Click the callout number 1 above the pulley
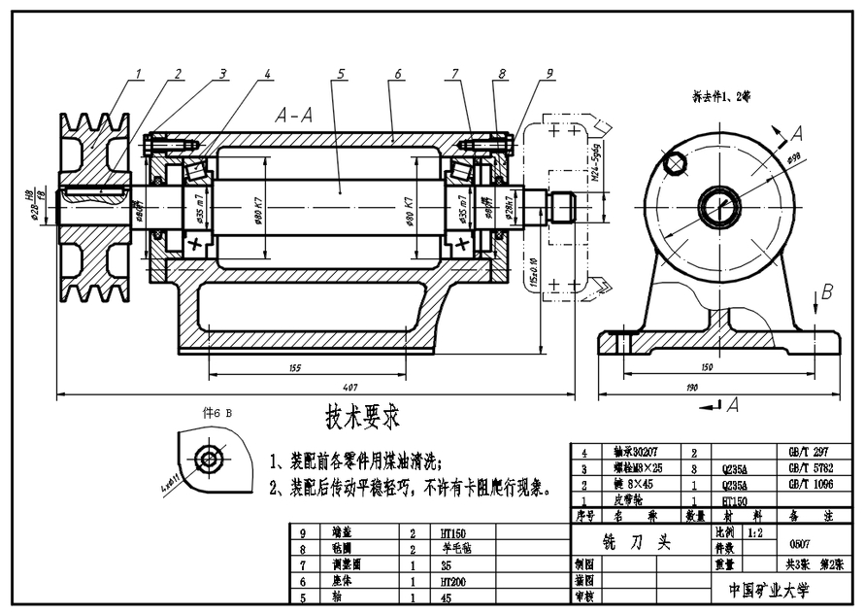(140, 73)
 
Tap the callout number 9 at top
(548, 73)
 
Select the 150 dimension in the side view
(719, 368)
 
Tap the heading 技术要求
(362, 417)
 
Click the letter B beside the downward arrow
(827, 290)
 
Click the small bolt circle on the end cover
(671, 164)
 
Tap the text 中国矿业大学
(772, 591)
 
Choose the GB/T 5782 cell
(810, 468)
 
